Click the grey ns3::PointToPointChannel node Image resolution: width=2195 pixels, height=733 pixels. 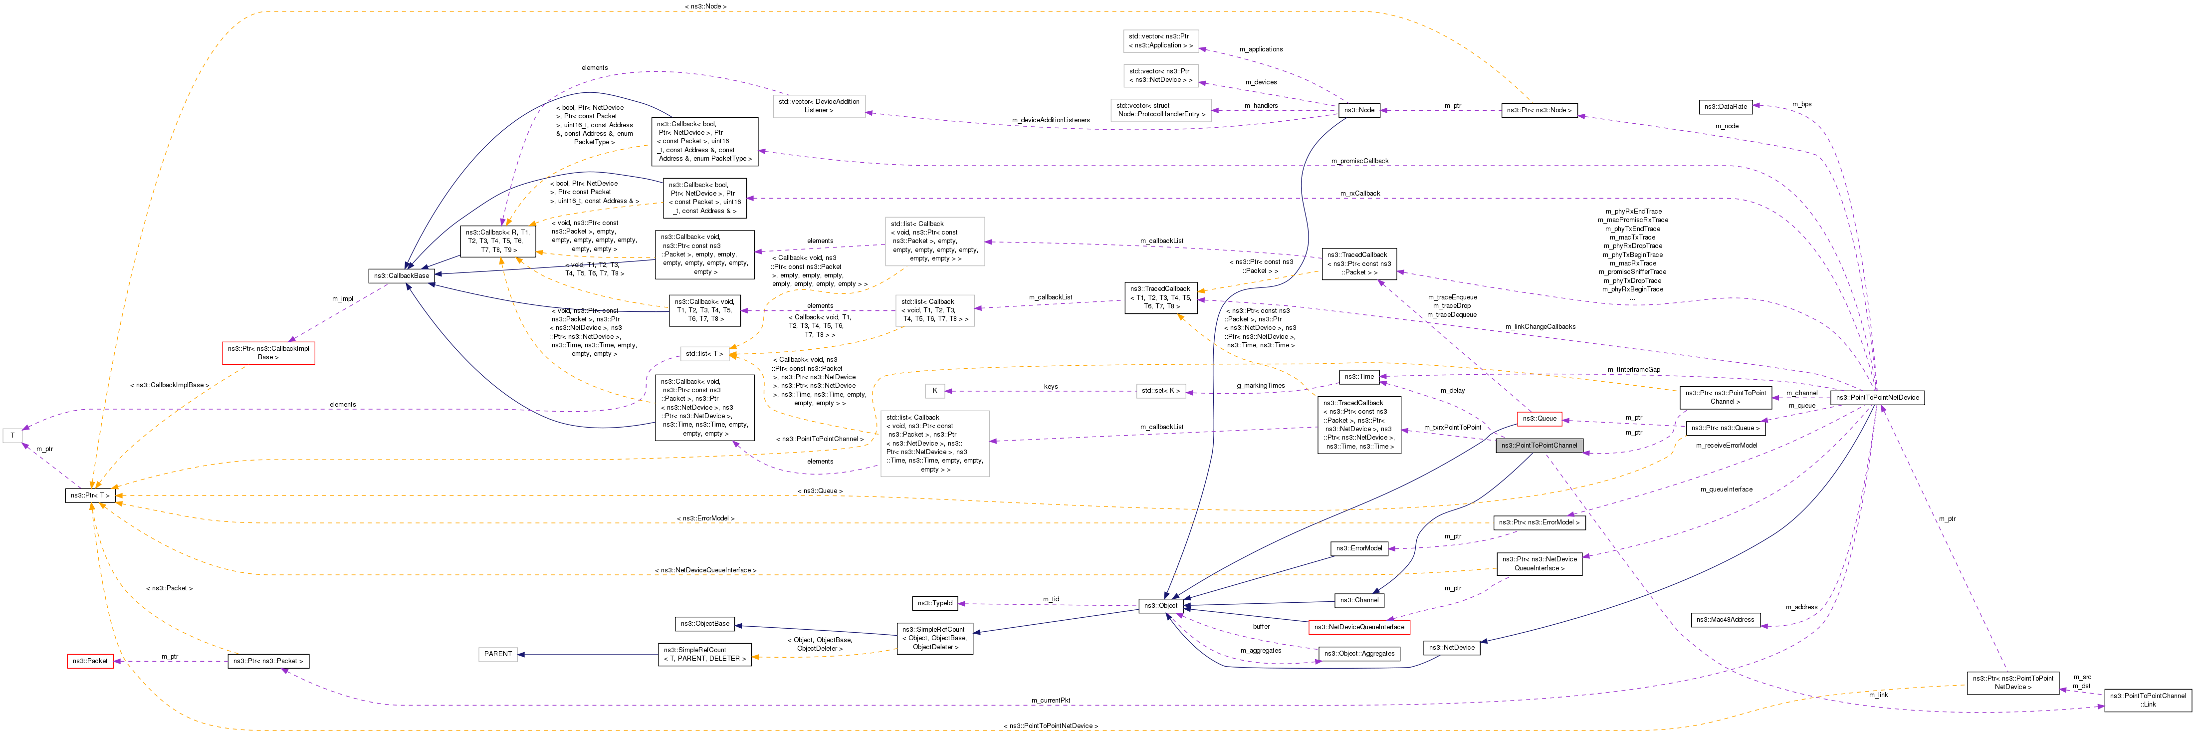1539,445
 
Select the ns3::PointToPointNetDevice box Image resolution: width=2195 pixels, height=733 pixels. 1877,397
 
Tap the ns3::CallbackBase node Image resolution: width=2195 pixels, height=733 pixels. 402,275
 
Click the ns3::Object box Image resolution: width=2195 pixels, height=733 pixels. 1160,605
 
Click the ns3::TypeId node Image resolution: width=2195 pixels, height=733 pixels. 935,603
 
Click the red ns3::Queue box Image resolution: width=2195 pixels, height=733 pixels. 1539,419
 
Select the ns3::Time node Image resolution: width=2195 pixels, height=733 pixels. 1359,376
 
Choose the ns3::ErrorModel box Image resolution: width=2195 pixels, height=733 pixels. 1359,548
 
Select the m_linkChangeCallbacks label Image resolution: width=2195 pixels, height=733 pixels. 1539,326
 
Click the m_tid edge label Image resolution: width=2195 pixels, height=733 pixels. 1051,599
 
